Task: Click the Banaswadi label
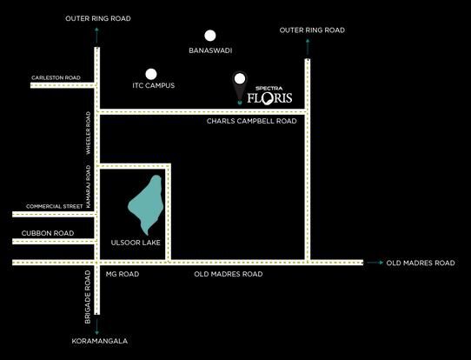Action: click(x=210, y=50)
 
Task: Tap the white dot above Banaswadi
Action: click(x=210, y=36)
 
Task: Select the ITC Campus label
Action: click(x=154, y=85)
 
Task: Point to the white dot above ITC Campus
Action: click(x=151, y=74)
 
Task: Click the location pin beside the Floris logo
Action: click(x=239, y=87)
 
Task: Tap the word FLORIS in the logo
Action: click(x=269, y=98)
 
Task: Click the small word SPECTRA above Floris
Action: click(x=269, y=89)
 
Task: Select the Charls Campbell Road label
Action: click(x=252, y=121)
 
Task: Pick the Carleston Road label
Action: click(x=56, y=77)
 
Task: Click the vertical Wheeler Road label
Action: click(x=89, y=133)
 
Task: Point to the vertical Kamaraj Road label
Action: click(x=89, y=186)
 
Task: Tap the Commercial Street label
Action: click(x=55, y=206)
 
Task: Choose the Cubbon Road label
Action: click(x=48, y=233)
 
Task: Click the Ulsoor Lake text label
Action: click(x=136, y=243)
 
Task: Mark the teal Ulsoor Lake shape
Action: click(x=147, y=204)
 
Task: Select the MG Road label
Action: click(x=123, y=274)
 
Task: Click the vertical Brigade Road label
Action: click(x=88, y=297)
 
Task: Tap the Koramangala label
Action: click(x=100, y=341)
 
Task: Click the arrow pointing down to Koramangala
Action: click(x=96, y=327)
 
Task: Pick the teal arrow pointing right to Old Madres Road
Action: click(x=375, y=263)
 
